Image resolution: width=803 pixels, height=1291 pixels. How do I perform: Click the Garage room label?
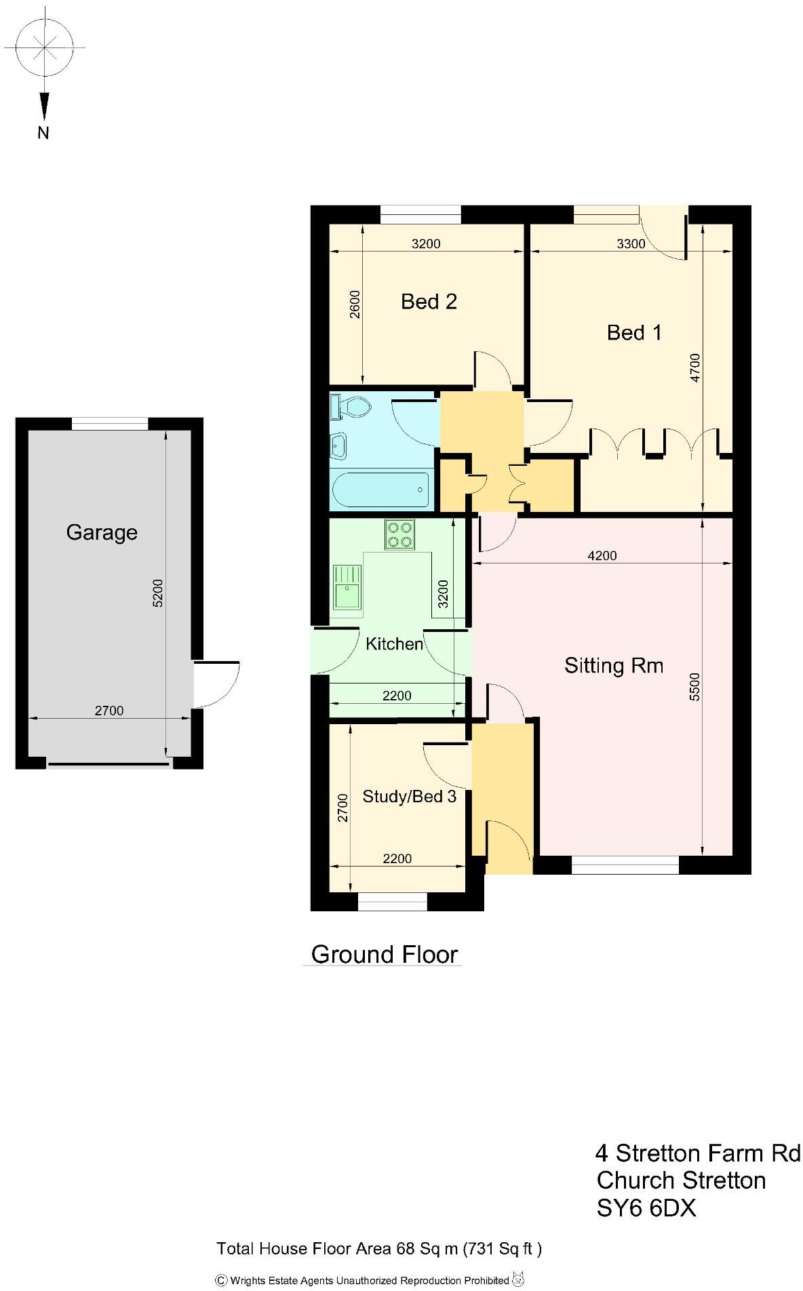pyautogui.click(x=102, y=532)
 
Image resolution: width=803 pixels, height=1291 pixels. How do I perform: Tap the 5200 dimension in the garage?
pyautogui.click(x=157, y=593)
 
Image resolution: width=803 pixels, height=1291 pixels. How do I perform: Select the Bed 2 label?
pyautogui.click(x=429, y=301)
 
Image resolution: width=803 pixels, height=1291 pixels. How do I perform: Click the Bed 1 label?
pyautogui.click(x=633, y=332)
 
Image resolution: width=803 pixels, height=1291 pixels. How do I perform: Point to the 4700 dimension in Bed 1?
pyautogui.click(x=695, y=368)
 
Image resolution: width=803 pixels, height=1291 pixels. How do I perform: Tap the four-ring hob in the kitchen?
pyautogui.click(x=399, y=534)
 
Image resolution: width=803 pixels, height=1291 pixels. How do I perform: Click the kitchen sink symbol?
pyautogui.click(x=347, y=587)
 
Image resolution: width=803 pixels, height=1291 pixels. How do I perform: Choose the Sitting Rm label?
pyautogui.click(x=613, y=665)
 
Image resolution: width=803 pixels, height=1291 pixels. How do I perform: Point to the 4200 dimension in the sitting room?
pyautogui.click(x=602, y=556)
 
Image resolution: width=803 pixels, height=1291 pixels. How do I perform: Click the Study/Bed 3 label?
pyautogui.click(x=409, y=796)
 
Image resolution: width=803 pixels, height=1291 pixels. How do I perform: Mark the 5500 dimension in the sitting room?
pyautogui.click(x=694, y=686)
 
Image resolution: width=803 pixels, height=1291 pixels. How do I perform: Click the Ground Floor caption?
pyautogui.click(x=385, y=954)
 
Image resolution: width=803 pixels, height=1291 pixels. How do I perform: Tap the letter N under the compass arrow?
pyautogui.click(x=43, y=133)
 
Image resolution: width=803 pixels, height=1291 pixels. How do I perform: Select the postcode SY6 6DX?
pyautogui.click(x=646, y=1208)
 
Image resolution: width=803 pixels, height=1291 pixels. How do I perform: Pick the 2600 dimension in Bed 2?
pyautogui.click(x=355, y=304)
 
